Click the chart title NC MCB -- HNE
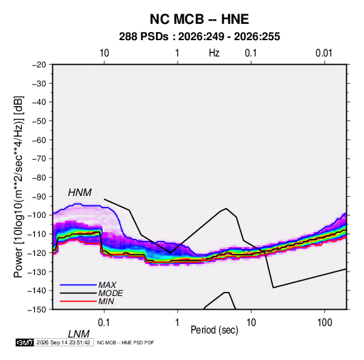point(199,19)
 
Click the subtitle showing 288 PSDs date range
point(199,37)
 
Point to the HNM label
point(80,193)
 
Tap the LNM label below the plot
point(78,334)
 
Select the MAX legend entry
point(107,284)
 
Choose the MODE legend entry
point(110,293)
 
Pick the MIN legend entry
point(106,301)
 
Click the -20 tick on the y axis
point(39,65)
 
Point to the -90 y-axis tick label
point(39,197)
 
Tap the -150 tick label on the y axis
point(37,310)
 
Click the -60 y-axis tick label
point(39,140)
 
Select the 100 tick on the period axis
point(325,323)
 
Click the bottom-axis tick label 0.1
point(104,323)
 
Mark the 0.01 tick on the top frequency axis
point(324,53)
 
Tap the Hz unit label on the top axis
point(214,53)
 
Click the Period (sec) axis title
point(214,330)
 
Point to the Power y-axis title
point(18,187)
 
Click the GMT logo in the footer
point(25,342)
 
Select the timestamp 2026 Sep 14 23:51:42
point(63,342)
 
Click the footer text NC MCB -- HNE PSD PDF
point(125,342)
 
